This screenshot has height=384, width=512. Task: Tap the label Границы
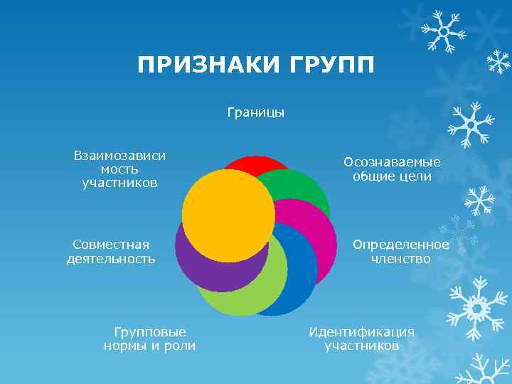256,112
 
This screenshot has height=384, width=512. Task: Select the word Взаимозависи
119,156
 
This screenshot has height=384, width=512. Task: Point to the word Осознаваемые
393,162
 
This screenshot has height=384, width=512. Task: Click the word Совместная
111,245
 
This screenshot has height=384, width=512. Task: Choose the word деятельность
111,259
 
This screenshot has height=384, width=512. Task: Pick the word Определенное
401,245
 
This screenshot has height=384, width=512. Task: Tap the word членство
401,259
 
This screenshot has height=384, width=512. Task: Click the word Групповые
150,331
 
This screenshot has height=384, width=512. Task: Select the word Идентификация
361,331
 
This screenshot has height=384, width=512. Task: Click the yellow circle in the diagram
228,215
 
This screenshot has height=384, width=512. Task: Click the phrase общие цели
393,176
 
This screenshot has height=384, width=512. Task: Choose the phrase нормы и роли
150,346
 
